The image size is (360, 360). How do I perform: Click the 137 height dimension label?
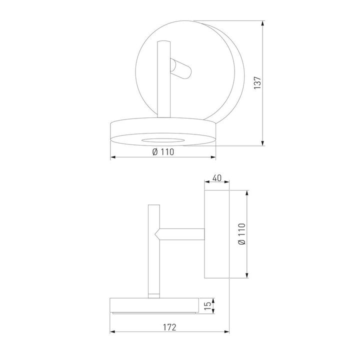257,82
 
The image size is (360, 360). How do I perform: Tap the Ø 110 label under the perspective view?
162,152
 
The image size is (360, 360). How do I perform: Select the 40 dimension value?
217,178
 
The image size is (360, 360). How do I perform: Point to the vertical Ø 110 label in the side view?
242,234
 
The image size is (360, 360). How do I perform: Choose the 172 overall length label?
169,327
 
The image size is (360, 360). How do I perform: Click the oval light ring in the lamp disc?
162,139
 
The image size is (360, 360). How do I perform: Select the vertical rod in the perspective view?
163,80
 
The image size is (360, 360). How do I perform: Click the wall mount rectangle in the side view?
216,234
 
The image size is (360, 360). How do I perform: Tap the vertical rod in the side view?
153,250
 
